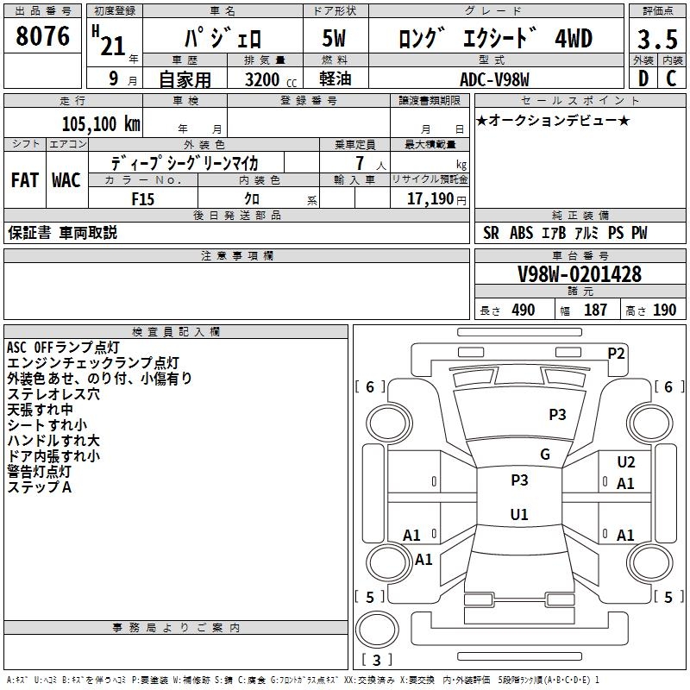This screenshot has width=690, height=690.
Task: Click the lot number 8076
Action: pyautogui.click(x=43, y=37)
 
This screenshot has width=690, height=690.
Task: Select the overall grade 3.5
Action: pyautogui.click(x=655, y=41)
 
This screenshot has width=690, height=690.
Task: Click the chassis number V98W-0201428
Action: pyautogui.click(x=579, y=274)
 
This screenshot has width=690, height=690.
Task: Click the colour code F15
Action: pyautogui.click(x=143, y=198)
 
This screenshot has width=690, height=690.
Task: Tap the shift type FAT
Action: pyautogui.click(x=24, y=180)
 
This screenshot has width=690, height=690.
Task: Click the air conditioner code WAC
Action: pyautogui.click(x=66, y=180)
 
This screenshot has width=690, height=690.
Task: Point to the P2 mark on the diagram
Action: pyautogui.click(x=616, y=352)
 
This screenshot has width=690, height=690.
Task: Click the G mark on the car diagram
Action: pyautogui.click(x=545, y=455)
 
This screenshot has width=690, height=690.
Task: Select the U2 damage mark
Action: pyautogui.click(x=626, y=463)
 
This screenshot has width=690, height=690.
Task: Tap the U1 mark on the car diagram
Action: pyautogui.click(x=519, y=514)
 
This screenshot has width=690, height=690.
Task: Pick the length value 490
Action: pyautogui.click(x=524, y=310)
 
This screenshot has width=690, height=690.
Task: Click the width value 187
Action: pyautogui.click(x=595, y=310)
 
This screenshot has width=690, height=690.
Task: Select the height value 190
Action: pyautogui.click(x=664, y=310)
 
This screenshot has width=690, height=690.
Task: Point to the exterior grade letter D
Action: pyautogui.click(x=643, y=78)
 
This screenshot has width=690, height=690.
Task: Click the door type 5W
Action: pyautogui.click(x=336, y=40)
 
